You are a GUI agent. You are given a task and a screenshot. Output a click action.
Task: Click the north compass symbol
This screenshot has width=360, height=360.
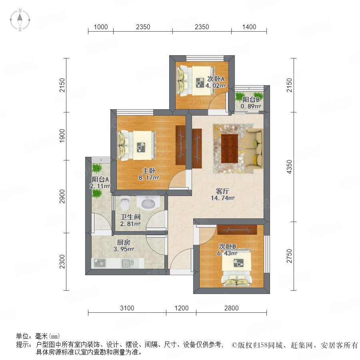click(x=20, y=20)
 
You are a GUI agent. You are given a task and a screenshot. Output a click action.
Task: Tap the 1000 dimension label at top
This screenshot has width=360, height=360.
click(x=101, y=27)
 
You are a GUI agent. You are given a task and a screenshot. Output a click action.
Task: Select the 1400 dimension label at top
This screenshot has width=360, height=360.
click(x=249, y=27)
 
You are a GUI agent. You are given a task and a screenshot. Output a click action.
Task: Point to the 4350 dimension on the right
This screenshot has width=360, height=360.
click(x=289, y=167)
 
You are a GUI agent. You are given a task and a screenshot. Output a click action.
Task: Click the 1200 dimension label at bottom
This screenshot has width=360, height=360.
click(x=181, y=308)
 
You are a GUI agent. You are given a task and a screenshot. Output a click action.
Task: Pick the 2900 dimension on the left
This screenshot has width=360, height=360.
click(x=62, y=196)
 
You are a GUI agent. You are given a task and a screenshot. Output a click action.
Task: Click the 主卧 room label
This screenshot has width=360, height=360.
click(x=149, y=171)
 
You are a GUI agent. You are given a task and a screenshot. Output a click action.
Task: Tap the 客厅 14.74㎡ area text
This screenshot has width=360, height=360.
click(x=223, y=198)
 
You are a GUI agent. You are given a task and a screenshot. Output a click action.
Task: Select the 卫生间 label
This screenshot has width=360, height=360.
click(x=130, y=217)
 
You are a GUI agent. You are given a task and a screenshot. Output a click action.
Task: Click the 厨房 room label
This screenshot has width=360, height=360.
click(x=124, y=242)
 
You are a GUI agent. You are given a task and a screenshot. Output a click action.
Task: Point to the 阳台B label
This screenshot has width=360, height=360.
click(x=251, y=100)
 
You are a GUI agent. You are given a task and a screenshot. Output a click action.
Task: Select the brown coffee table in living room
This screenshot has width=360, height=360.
click(x=230, y=148)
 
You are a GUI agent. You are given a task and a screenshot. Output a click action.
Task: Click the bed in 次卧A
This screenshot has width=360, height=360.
click(x=196, y=80)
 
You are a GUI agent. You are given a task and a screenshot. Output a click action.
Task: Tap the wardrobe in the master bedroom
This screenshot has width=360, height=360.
click(x=180, y=145)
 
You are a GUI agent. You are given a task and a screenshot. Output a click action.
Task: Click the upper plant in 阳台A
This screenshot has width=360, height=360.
click(x=97, y=168)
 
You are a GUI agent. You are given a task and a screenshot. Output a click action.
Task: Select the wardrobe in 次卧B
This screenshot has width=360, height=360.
click(x=237, y=230)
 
